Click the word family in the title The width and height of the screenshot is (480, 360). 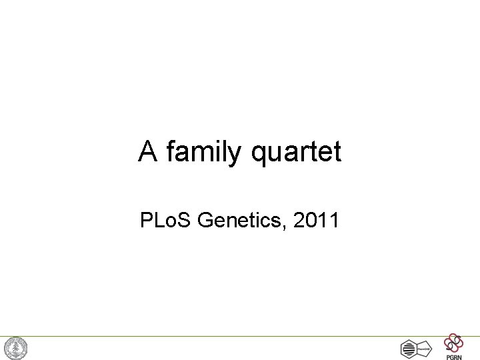pyautogui.click(x=206, y=153)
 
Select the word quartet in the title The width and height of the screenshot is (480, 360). pyautogui.click(x=297, y=153)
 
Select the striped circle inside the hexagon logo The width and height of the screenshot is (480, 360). pyautogui.click(x=408, y=349)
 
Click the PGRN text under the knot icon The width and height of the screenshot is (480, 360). pyautogui.click(x=453, y=356)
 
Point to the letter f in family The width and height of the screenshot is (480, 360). pyautogui.click(x=171, y=152)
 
